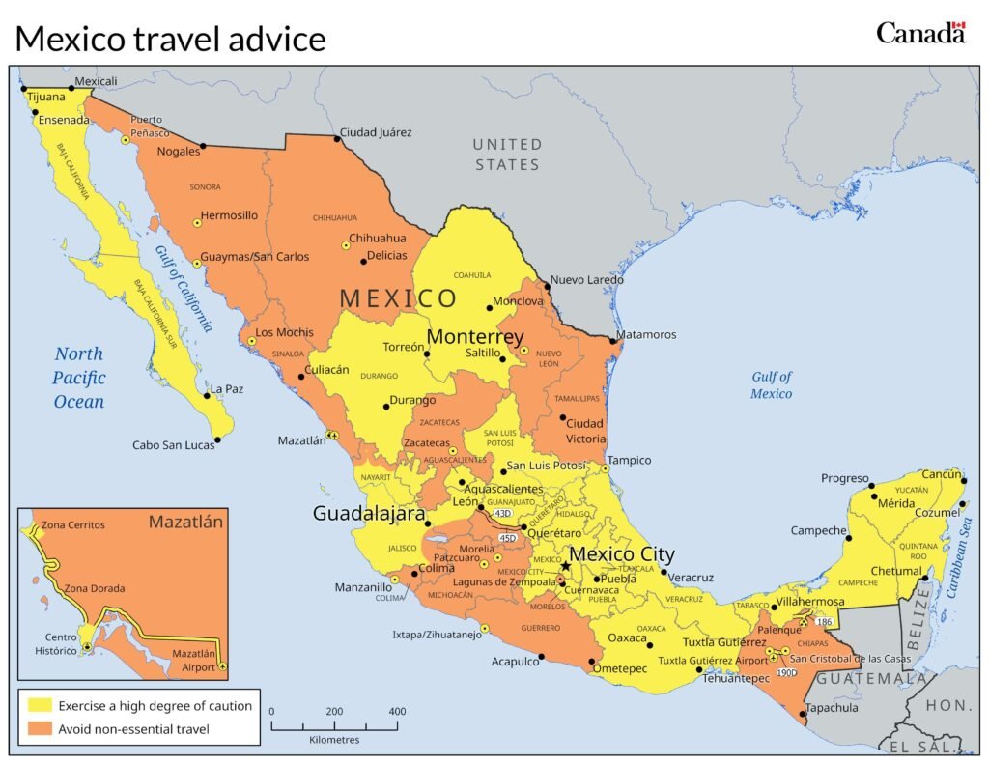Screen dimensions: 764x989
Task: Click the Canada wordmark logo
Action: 920,33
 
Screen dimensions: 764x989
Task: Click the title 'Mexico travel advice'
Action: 170,40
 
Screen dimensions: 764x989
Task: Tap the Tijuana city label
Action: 45,97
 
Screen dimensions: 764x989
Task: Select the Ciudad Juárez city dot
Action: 337,139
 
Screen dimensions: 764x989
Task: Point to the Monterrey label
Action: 475,337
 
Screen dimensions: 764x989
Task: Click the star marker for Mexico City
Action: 565,566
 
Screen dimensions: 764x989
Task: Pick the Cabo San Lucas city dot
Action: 217,440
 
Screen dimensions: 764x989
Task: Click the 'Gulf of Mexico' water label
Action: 771,385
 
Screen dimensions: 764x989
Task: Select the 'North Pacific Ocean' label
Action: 79,378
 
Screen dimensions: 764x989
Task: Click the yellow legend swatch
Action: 40,706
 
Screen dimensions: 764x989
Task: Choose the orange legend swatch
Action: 40,729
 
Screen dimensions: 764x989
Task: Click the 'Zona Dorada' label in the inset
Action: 94,587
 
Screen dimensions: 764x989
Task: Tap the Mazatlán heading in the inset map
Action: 185,523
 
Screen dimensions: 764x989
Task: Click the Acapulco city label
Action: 515,662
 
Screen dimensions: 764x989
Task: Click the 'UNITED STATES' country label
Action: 507,155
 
